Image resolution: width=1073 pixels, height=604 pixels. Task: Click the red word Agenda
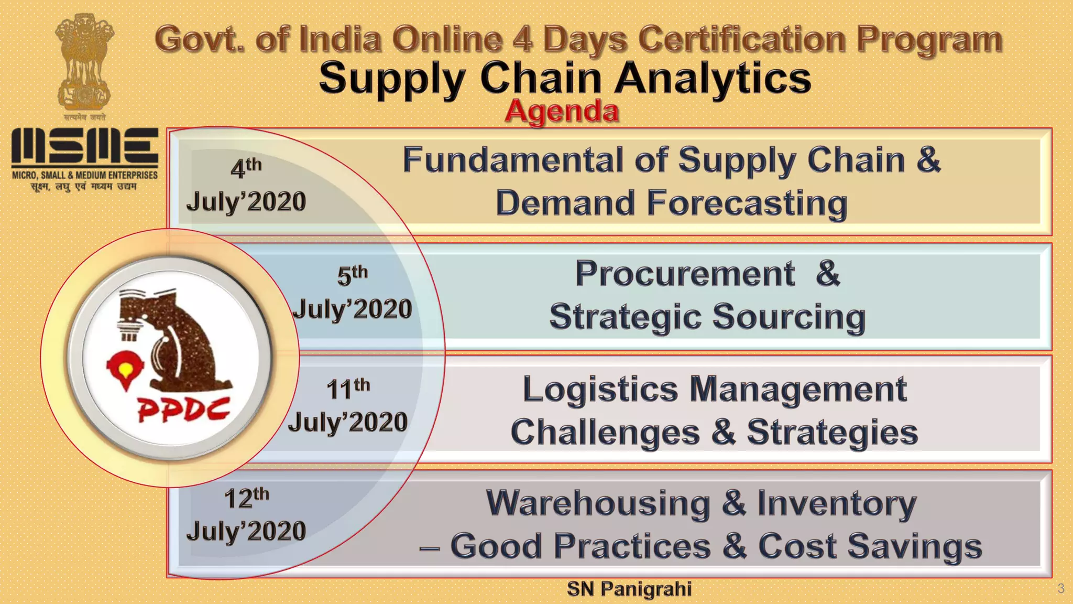click(562, 111)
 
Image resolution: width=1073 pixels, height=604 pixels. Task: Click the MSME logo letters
click(85, 146)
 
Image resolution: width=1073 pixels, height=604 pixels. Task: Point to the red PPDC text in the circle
click(183, 409)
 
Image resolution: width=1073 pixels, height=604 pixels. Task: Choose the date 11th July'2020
click(348, 406)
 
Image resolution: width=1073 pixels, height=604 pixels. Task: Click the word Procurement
click(685, 274)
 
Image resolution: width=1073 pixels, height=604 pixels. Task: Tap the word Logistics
click(600, 390)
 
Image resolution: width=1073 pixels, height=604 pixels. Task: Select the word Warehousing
click(598, 503)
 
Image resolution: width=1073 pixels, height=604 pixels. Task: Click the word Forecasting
click(747, 203)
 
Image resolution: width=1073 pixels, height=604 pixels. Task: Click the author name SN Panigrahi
click(629, 589)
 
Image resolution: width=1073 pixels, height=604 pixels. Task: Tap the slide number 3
click(1061, 588)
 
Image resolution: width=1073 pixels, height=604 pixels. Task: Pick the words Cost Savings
click(870, 546)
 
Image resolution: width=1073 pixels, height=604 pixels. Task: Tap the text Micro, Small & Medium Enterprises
click(85, 175)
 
